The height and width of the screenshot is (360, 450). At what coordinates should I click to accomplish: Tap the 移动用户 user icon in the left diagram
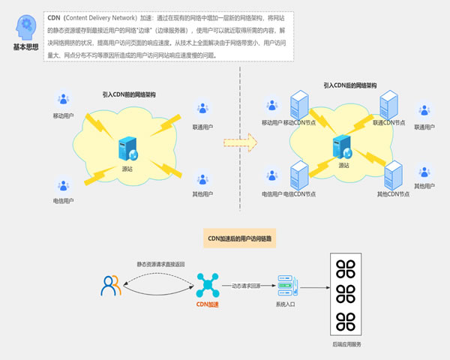click(64, 99)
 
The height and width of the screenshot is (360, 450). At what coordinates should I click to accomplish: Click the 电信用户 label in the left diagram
click(63, 201)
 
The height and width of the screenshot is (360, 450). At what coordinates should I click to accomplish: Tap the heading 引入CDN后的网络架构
click(350, 86)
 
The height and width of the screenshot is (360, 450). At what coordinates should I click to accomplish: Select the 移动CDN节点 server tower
click(298, 104)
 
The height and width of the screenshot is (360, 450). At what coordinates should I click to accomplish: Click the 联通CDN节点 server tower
click(388, 104)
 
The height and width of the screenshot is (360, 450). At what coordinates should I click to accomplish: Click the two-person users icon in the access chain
click(112, 285)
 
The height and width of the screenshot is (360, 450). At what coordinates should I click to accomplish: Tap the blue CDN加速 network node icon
click(206, 285)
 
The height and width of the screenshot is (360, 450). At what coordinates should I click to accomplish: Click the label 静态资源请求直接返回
click(160, 265)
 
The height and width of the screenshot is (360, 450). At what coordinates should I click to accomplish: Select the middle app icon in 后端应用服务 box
click(346, 293)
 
